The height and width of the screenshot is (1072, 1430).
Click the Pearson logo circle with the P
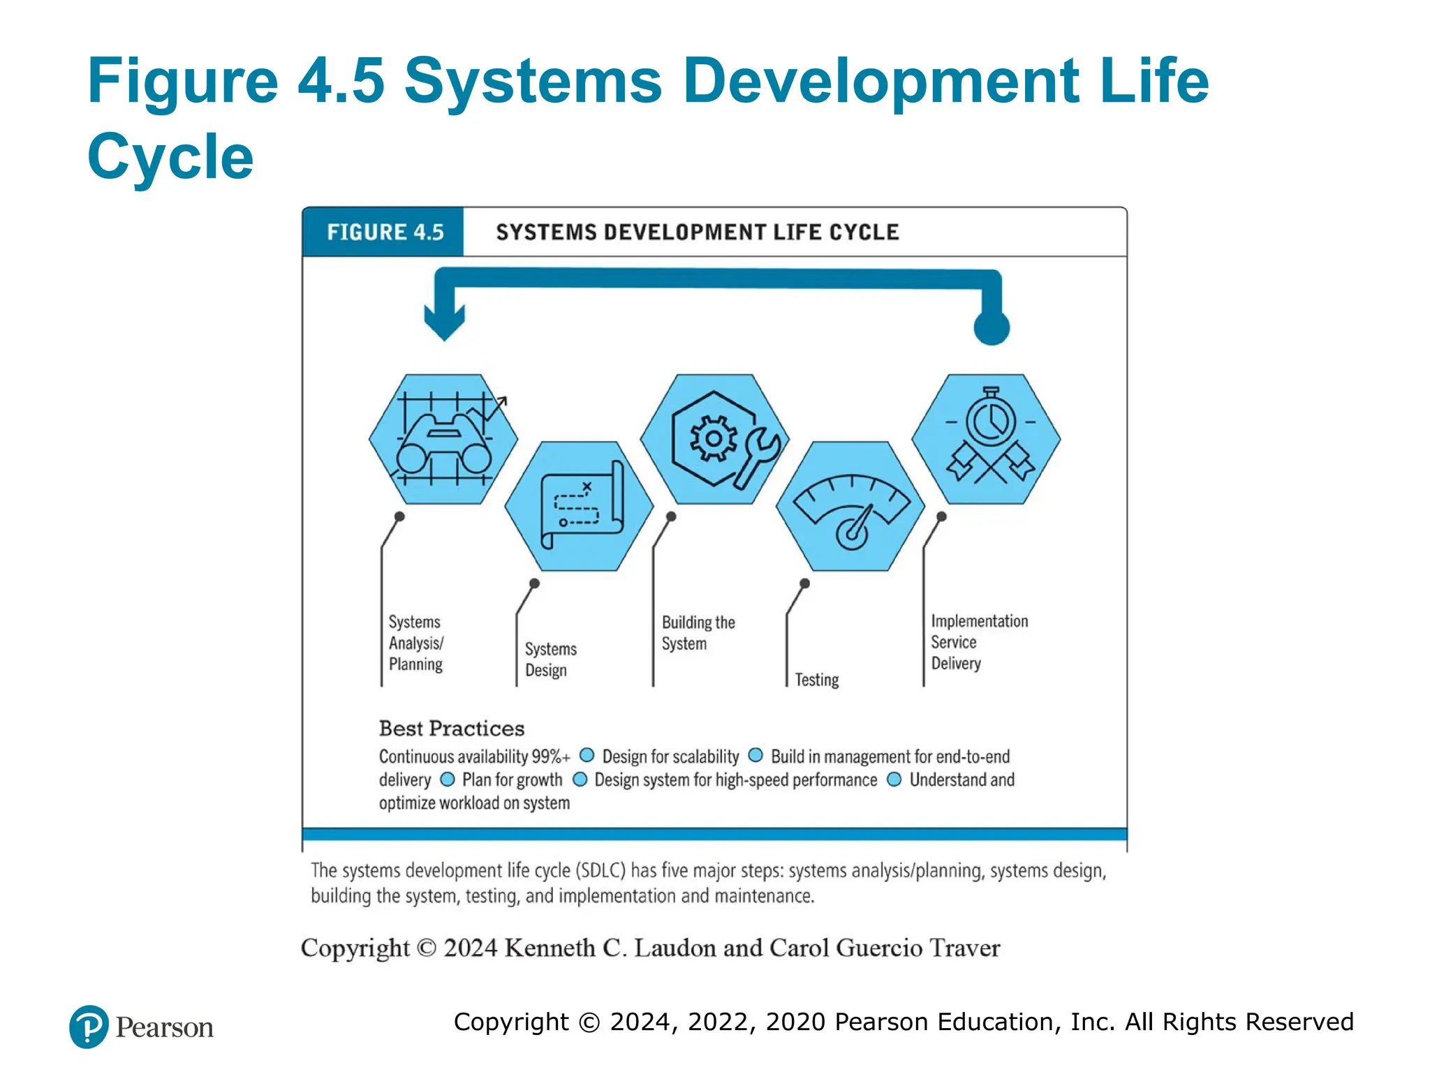(89, 1027)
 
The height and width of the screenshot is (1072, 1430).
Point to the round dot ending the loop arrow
(992, 327)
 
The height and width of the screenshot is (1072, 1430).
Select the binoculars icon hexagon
(443, 439)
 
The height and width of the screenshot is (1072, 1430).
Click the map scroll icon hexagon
(579, 506)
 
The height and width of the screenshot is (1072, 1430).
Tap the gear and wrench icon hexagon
(714, 439)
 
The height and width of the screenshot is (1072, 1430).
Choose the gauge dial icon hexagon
(850, 506)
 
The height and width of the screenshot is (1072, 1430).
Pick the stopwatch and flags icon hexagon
(986, 439)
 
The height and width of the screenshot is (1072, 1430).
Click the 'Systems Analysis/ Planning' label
(415, 643)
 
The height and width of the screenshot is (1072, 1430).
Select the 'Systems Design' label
(550, 660)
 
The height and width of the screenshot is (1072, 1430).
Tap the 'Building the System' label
(698, 633)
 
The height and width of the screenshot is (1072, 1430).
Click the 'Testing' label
(816, 680)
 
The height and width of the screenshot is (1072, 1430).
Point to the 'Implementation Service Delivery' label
(978, 642)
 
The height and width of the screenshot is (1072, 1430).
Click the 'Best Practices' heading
(451, 729)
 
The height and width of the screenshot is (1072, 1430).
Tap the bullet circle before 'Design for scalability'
(587, 755)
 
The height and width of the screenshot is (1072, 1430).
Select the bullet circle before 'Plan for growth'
(448, 779)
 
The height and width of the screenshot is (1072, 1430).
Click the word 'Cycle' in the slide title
(170, 156)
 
